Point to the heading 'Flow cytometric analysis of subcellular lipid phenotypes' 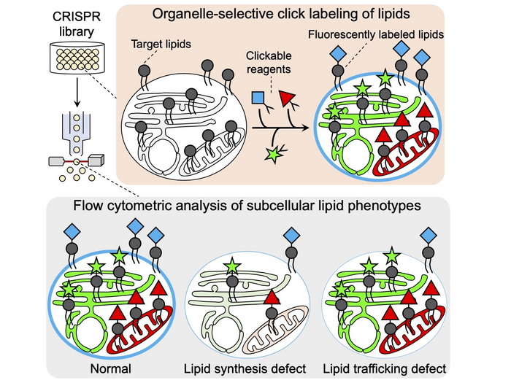(252, 206)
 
